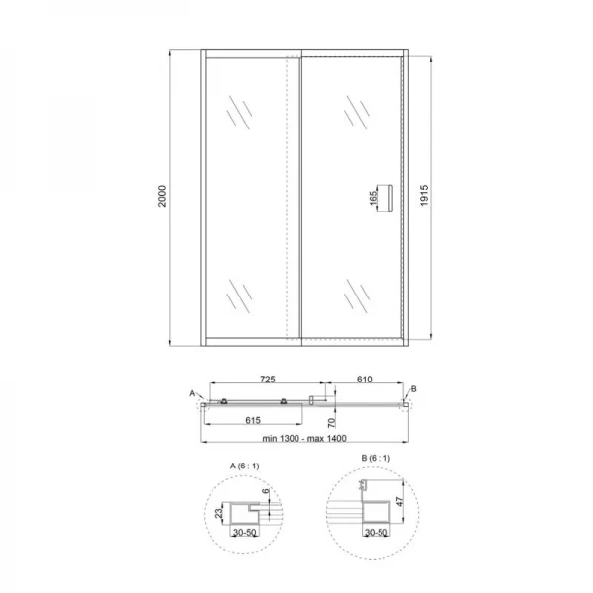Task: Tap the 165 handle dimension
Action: (374, 196)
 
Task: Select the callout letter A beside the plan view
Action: (192, 393)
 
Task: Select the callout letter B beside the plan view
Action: (414, 391)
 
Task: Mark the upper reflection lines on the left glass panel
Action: (235, 111)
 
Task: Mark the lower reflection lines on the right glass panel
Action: (353, 294)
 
